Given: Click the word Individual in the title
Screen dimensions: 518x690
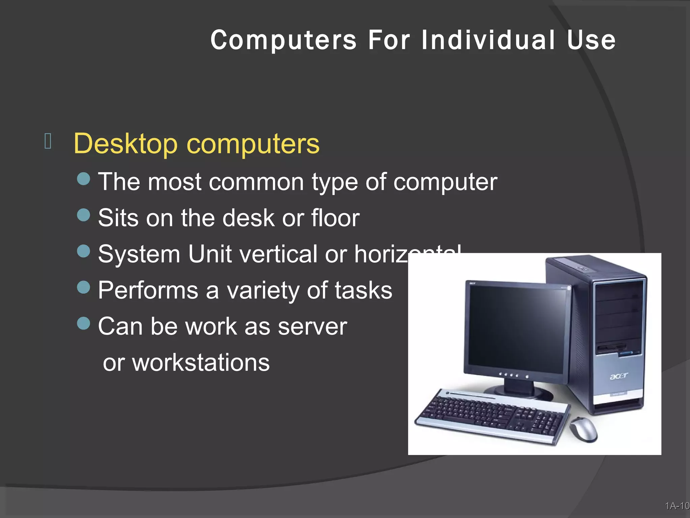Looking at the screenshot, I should point(488,40).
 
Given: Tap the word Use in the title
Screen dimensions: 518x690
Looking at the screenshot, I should point(591,40).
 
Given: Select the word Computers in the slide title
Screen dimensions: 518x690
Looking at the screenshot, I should point(283,40).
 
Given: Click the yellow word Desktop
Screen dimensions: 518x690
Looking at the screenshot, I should point(125,144).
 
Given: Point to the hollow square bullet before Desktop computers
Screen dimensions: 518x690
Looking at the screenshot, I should point(48,141).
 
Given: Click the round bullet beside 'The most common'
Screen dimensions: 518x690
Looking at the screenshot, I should point(84,179).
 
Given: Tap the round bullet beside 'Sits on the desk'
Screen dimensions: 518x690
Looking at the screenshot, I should point(84,215).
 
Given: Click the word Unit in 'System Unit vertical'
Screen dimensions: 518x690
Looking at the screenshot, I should point(210,254).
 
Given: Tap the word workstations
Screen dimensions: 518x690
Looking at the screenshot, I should point(201,363).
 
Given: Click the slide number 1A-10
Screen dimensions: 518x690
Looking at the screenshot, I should point(677,506).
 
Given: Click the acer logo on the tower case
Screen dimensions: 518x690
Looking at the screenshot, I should point(619,376).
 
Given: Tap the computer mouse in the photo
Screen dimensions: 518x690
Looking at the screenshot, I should point(583,430).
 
